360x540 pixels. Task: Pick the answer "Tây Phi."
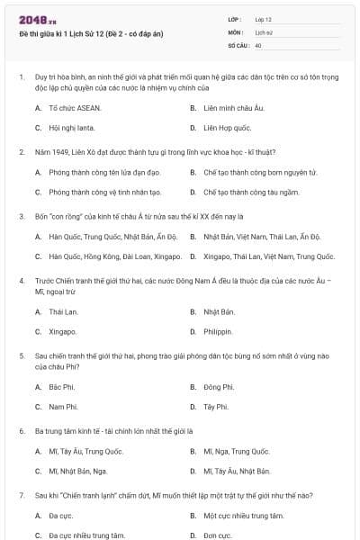coord(216,407)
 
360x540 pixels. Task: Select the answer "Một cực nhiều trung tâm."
coord(243,516)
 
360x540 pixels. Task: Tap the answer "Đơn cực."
coord(218,535)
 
